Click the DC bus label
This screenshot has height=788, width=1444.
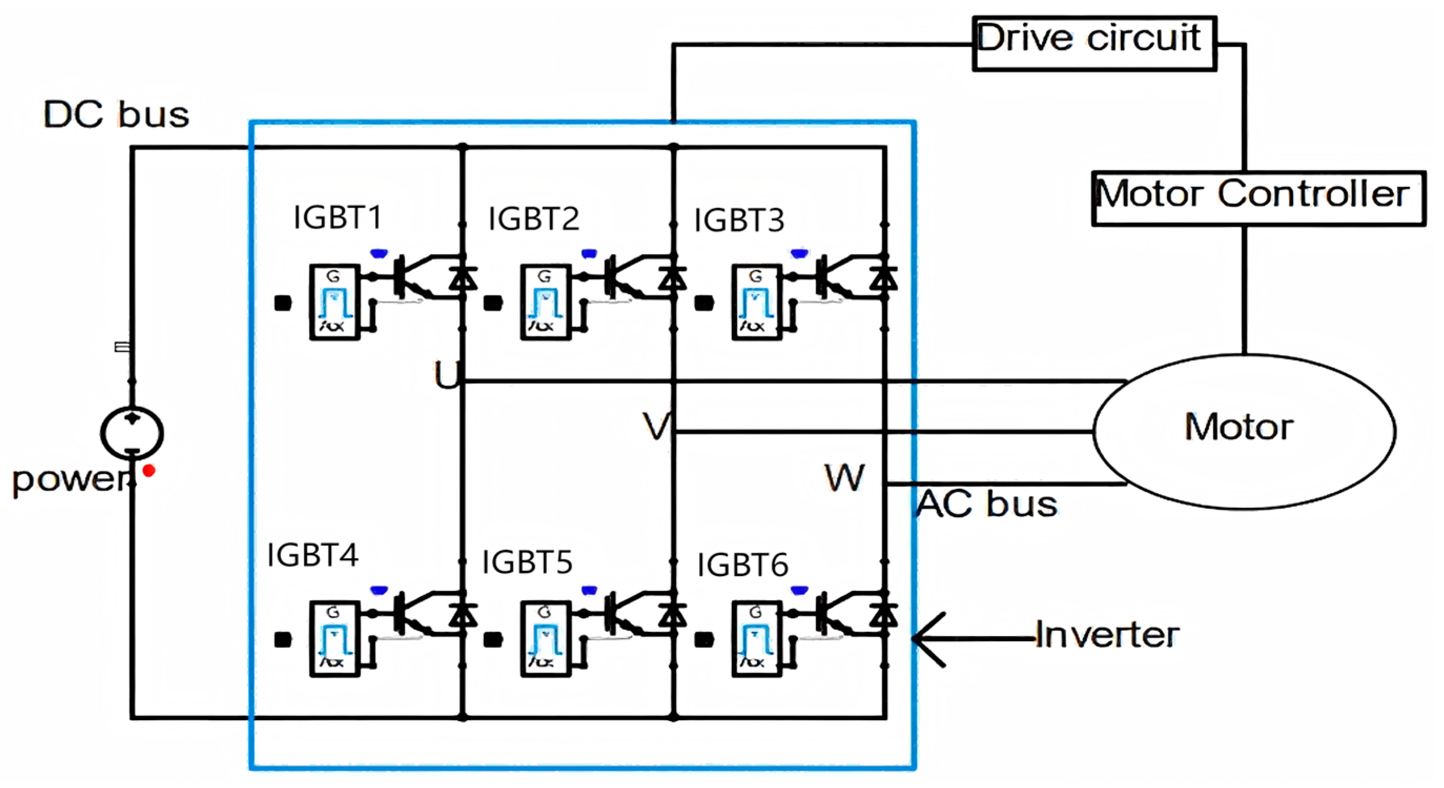point(116,115)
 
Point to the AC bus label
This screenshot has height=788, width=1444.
point(987,504)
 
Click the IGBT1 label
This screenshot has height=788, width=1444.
point(337,218)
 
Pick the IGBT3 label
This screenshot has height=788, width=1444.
point(739,220)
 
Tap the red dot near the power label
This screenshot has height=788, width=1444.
point(149,470)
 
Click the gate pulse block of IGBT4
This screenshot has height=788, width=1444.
point(335,638)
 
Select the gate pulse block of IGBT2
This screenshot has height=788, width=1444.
point(545,302)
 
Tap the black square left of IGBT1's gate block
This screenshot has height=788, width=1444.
point(283,303)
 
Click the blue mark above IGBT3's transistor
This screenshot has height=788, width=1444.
point(799,254)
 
